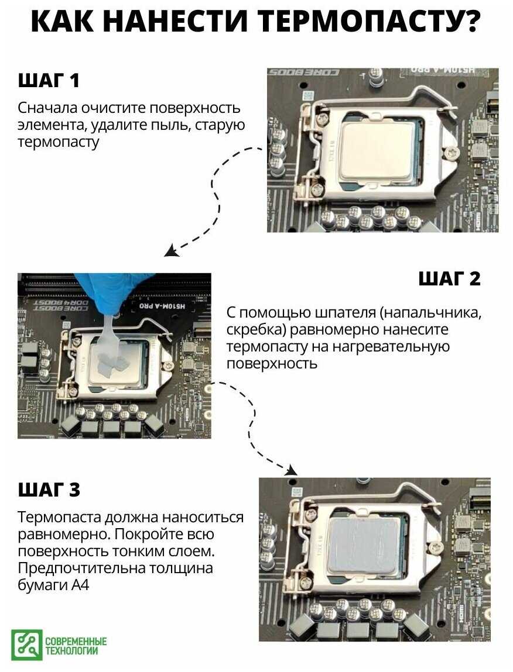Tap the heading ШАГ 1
tap(49, 80)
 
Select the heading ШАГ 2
tap(450, 278)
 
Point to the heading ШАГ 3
tap(49, 490)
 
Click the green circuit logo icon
tap(27, 645)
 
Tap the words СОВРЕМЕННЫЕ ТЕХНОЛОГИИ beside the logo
tap(76, 646)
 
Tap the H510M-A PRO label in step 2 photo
tap(163, 305)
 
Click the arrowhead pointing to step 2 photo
tap(172, 251)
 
